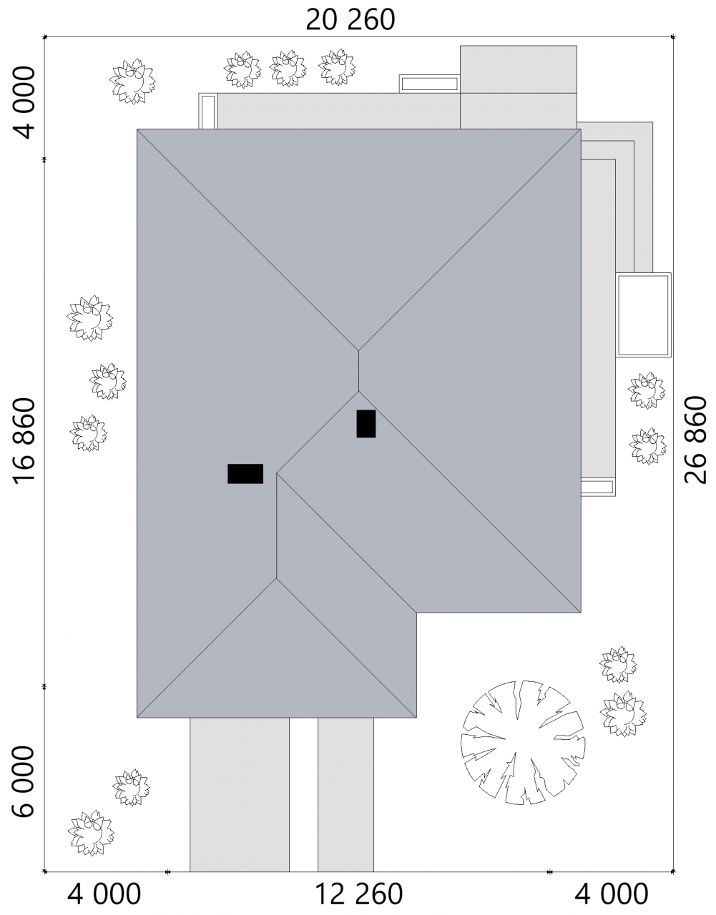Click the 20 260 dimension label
tap(350, 20)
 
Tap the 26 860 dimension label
tap(695, 440)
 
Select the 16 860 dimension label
tap(24, 441)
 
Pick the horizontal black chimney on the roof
tap(245, 474)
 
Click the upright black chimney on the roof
tap(366, 424)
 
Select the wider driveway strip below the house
tap(240, 795)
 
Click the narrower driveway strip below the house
tap(345, 795)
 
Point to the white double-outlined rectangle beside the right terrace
tap(643, 315)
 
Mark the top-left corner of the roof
tap(137, 129)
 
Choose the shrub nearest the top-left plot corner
tap(132, 81)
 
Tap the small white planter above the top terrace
tap(430, 84)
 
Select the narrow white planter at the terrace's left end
tap(207, 112)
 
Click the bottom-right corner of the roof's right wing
tap(581, 612)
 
